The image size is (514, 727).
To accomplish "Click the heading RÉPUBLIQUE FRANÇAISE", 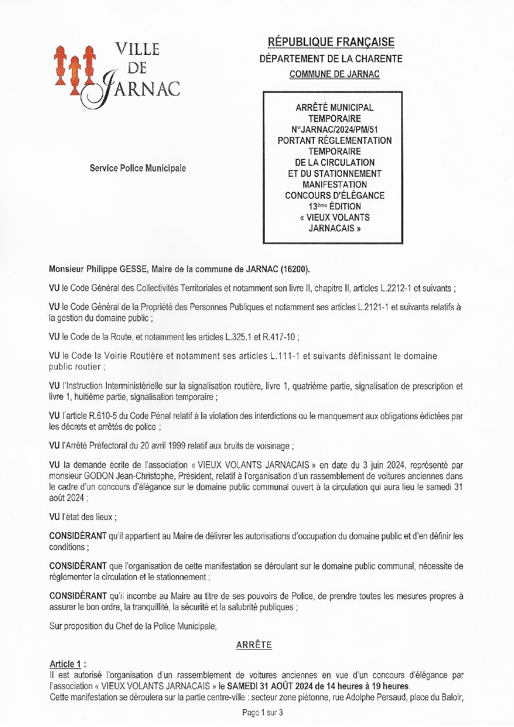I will (331, 42).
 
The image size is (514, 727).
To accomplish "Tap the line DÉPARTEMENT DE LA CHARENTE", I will (331, 59).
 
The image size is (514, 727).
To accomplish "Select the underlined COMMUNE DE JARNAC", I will (334, 74).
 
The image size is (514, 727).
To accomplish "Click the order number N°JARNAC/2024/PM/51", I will (334, 130).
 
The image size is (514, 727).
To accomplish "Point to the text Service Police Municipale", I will (137, 168).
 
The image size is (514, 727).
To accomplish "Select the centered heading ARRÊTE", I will (254, 645).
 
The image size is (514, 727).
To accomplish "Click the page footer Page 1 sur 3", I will (262, 712).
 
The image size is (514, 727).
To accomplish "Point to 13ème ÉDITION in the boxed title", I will (334, 207).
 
